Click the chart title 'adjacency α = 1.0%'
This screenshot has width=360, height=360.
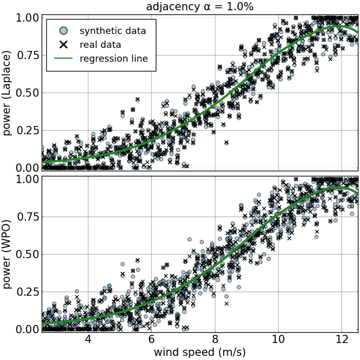click(200, 7)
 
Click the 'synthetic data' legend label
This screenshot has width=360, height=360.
click(113, 31)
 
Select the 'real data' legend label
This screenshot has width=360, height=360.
click(100, 45)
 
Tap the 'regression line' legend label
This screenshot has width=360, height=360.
click(114, 59)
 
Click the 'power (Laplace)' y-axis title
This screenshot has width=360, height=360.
click(7, 93)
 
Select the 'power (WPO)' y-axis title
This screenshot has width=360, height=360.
click(7, 255)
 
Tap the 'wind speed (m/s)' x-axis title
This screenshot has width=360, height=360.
click(200, 352)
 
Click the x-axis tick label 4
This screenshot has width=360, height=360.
click(88, 340)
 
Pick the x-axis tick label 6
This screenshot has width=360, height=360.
click(151, 340)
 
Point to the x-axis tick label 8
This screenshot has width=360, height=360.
click(215, 340)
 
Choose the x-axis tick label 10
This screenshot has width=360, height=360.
click(278, 340)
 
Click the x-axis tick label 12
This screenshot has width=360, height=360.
click(341, 340)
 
